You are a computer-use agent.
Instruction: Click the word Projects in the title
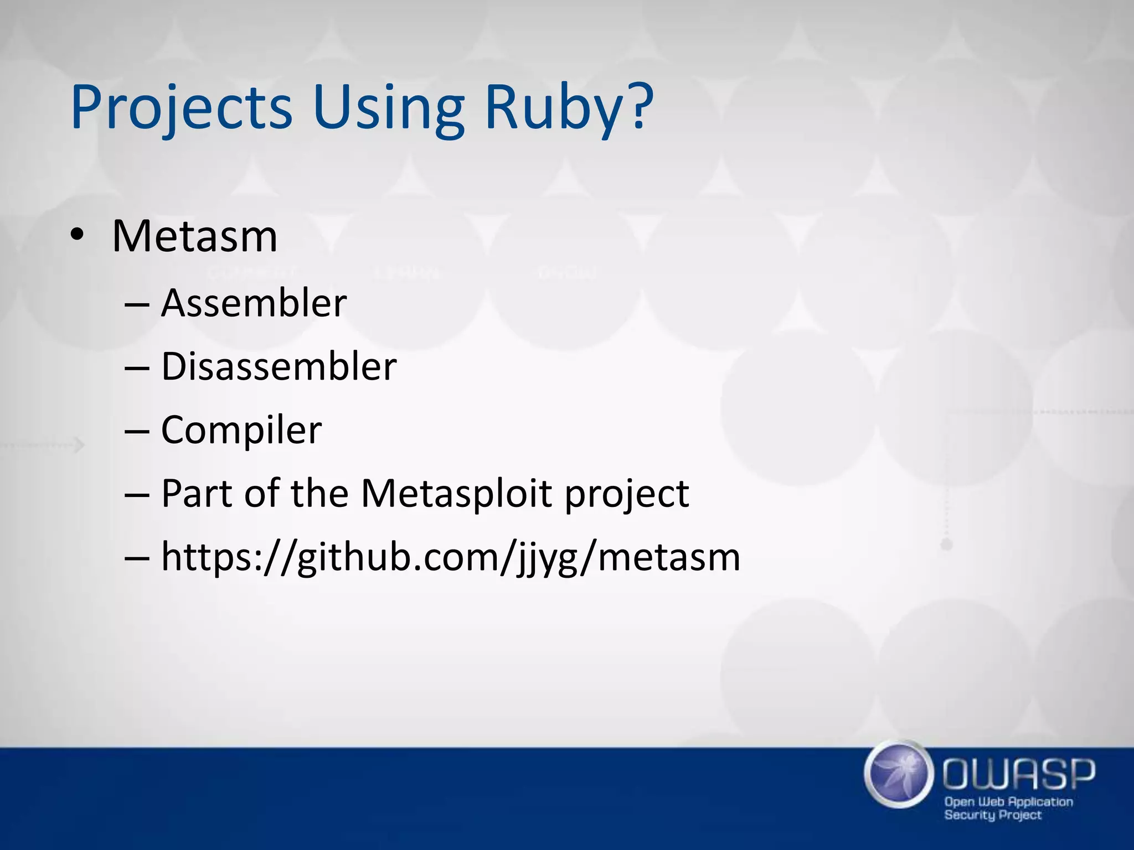coord(181,108)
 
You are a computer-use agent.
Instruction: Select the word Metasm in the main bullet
coord(194,237)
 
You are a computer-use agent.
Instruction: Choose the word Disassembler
coord(279,366)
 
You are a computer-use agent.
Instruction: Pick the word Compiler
coord(241,430)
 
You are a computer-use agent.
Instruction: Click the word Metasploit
coord(456,493)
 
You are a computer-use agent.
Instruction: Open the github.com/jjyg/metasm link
coord(450,557)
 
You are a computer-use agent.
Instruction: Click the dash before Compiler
coord(137,431)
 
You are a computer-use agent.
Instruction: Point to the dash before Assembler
coord(137,304)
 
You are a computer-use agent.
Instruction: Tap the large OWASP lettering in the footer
coord(1018,773)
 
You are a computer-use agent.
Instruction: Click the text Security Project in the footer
coord(992,815)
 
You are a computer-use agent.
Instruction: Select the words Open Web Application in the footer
coord(1008,801)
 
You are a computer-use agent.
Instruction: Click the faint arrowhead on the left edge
coord(80,444)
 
